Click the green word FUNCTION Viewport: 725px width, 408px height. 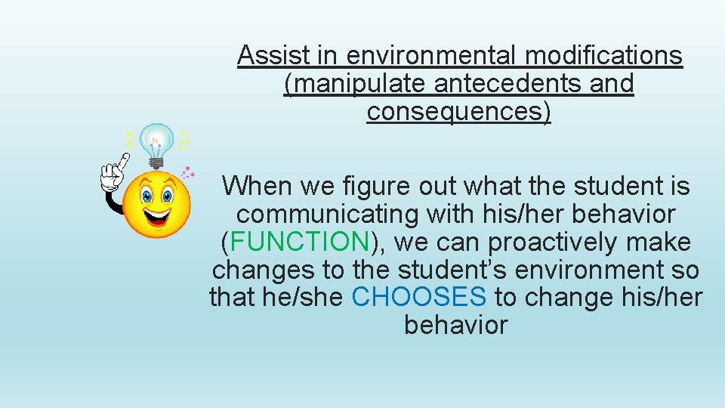pos(299,242)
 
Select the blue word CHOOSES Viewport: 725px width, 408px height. pos(419,297)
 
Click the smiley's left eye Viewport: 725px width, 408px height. pos(147,195)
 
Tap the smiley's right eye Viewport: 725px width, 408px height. pos(167,195)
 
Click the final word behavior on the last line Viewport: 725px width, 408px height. pos(456,325)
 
